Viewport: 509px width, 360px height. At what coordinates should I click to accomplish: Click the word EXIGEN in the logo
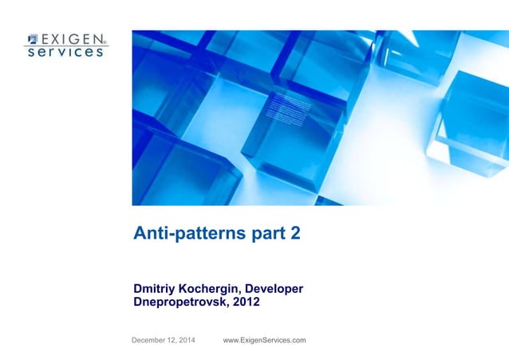72,38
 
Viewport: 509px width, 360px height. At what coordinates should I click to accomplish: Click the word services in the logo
65,52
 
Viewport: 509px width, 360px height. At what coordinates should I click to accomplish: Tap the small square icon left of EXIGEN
32,38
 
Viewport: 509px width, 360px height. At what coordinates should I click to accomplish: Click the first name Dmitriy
157,288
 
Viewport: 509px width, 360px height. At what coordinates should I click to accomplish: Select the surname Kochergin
212,288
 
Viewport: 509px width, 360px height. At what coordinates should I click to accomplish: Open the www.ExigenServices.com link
264,341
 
